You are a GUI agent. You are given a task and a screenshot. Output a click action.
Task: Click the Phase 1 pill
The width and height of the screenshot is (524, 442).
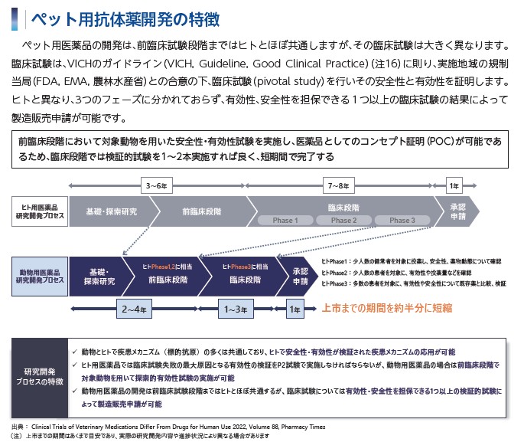[285, 220]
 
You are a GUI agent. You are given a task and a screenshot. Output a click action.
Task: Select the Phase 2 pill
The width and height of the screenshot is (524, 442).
[344, 220]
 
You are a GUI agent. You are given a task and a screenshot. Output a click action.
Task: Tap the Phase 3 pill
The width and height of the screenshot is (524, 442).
[402, 220]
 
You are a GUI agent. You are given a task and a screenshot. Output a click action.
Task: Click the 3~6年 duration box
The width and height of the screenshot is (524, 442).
[157, 185]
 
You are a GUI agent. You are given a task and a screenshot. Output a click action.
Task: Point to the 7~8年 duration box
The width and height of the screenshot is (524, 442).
[339, 185]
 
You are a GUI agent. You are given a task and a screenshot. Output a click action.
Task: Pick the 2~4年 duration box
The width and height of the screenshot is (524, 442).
[134, 309]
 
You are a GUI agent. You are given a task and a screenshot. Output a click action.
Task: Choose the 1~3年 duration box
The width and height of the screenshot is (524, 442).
[236, 309]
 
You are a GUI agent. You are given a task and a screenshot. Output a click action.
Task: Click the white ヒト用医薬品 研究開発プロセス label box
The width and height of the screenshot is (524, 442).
[40, 211]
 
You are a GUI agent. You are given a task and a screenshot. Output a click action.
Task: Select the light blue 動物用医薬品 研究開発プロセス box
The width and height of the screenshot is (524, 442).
[40, 277]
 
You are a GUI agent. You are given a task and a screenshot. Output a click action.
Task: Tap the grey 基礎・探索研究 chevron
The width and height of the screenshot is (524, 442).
[112, 211]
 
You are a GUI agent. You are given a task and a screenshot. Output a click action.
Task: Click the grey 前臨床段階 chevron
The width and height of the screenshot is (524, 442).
[202, 211]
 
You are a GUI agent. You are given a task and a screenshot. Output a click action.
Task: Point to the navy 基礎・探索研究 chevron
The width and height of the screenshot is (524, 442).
[99, 277]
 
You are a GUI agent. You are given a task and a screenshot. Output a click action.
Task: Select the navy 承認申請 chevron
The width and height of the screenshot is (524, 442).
[298, 277]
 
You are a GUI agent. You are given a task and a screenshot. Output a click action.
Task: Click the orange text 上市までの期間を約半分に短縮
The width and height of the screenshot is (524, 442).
[387, 308]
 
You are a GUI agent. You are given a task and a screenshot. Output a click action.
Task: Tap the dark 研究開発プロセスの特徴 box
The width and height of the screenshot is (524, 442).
[40, 378]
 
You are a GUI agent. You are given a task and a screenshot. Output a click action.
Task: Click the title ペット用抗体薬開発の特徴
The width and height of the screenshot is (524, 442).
[125, 19]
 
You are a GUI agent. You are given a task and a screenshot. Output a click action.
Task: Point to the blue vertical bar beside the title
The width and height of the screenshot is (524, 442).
[15, 19]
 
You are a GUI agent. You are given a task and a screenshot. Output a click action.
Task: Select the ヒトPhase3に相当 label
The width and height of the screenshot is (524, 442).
[246, 267]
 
